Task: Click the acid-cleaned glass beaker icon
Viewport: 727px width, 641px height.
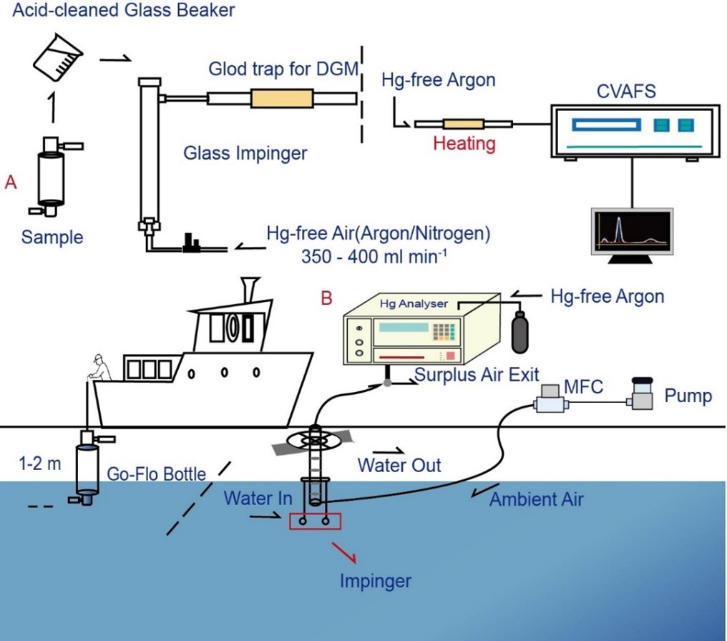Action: [55, 59]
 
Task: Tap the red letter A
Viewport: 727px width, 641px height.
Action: [11, 183]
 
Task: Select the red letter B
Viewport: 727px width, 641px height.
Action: [326, 298]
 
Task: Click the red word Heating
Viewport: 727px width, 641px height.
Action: [464, 144]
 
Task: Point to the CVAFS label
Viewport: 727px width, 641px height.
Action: [626, 92]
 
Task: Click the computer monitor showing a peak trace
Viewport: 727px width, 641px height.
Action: [632, 230]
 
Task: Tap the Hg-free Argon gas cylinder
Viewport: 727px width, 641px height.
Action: [520, 330]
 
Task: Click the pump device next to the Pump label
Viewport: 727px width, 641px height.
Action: [642, 394]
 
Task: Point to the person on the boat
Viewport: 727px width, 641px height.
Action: [98, 368]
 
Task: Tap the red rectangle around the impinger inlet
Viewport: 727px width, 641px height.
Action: [315, 522]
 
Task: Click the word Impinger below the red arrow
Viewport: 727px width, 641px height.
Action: [376, 580]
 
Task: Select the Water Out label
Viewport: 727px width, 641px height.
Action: [399, 465]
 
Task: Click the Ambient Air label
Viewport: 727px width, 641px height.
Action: [536, 499]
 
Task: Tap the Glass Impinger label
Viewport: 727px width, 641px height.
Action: [245, 152]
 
